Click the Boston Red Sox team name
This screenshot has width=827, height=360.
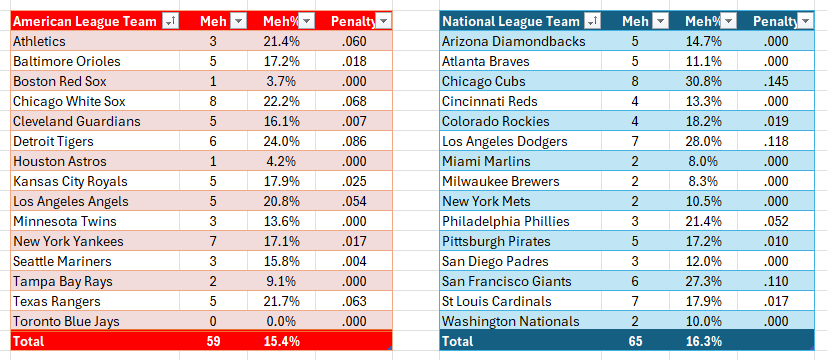(x=60, y=81)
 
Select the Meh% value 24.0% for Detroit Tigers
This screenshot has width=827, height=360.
(x=282, y=141)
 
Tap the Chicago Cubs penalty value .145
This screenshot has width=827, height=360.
(x=775, y=81)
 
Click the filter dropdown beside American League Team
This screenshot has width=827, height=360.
(x=170, y=21)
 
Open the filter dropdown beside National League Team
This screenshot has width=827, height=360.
(x=593, y=21)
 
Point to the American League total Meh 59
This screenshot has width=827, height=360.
(x=213, y=342)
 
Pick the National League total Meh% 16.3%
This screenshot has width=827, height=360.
(x=704, y=342)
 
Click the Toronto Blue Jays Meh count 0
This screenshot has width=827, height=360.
(x=213, y=322)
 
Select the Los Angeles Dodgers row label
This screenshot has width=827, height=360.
(x=505, y=141)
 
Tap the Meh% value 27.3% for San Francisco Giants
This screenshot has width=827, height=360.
(x=704, y=281)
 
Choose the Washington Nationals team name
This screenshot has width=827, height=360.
(x=511, y=322)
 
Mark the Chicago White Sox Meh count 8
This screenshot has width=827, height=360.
(x=213, y=101)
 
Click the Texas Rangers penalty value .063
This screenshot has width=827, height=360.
(x=352, y=301)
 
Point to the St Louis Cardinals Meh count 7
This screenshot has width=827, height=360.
(x=635, y=301)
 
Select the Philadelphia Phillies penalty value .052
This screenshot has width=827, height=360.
(x=775, y=221)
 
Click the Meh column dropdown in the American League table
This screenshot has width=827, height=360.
(x=239, y=21)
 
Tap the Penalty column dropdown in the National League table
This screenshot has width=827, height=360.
(x=805, y=21)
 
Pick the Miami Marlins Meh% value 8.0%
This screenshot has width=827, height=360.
(x=704, y=161)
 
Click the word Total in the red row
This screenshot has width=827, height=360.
(x=28, y=342)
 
